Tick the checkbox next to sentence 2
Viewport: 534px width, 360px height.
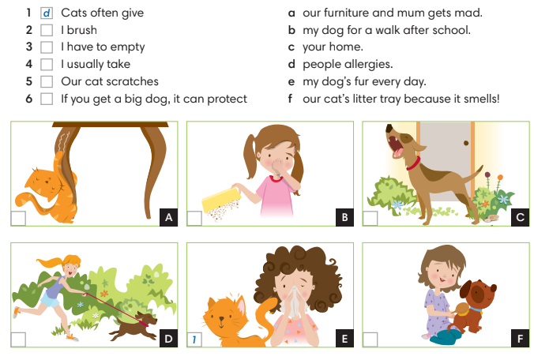tap(47, 30)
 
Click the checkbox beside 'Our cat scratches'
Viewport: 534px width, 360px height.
tap(47, 81)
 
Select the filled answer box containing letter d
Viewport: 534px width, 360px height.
tap(47, 13)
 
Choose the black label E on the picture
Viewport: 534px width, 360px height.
tap(344, 339)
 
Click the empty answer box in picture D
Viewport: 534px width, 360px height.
tap(18, 339)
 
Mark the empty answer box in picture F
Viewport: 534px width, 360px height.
tap(370, 339)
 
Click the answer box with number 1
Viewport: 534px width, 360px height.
tap(194, 339)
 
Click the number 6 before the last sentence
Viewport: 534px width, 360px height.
tap(28, 99)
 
